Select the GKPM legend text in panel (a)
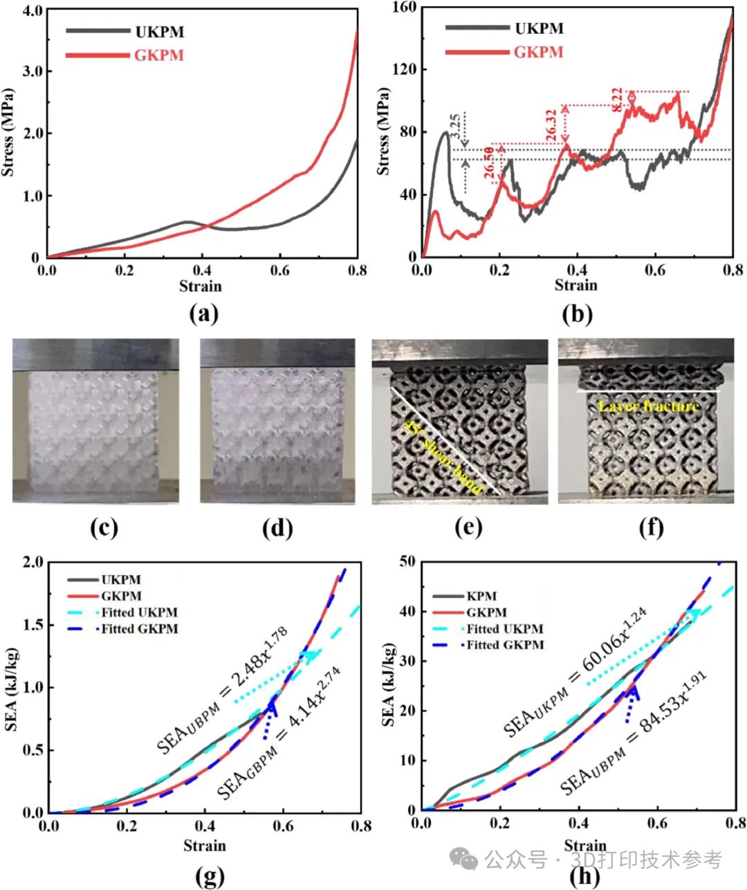coord(159,55)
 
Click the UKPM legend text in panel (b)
coord(539,28)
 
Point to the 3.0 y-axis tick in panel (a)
coord(32,71)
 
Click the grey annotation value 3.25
coord(454,127)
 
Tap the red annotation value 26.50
coord(490,163)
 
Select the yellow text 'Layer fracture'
coord(648,406)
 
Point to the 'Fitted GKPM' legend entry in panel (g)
coord(139,628)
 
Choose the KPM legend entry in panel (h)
coord(481,596)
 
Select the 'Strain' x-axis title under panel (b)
coord(575,285)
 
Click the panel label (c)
coord(104,527)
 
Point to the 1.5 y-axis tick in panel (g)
coord(32,625)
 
